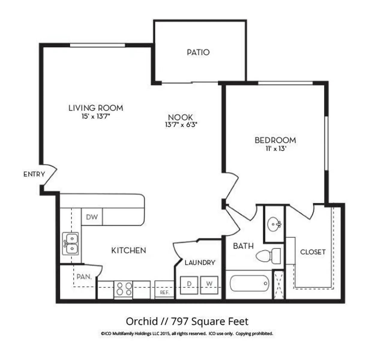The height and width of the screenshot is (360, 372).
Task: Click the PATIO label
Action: point(198,52)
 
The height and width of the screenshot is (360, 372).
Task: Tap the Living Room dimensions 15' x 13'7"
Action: point(96,116)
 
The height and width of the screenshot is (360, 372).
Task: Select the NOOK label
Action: point(180,117)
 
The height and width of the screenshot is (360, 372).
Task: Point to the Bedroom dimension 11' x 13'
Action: point(275,148)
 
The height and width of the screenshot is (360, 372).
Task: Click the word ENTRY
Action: point(34,174)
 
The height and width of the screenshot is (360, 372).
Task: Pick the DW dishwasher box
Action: point(92,217)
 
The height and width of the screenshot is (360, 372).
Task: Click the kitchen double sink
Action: point(70,244)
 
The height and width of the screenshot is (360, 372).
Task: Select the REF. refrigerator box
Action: point(164,289)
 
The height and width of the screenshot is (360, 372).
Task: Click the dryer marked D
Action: point(189,285)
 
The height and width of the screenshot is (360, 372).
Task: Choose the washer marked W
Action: point(209,285)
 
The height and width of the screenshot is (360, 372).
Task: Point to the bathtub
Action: point(250,283)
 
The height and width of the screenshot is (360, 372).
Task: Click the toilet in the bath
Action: point(268,256)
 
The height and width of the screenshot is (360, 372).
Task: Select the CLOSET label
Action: point(313,252)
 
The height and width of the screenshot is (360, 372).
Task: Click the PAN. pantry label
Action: point(84,277)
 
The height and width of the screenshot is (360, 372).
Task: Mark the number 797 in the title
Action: point(179,321)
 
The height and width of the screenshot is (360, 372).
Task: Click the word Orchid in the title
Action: point(142,321)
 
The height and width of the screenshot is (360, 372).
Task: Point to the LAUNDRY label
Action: point(200,263)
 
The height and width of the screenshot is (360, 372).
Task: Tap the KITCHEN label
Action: point(129,250)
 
